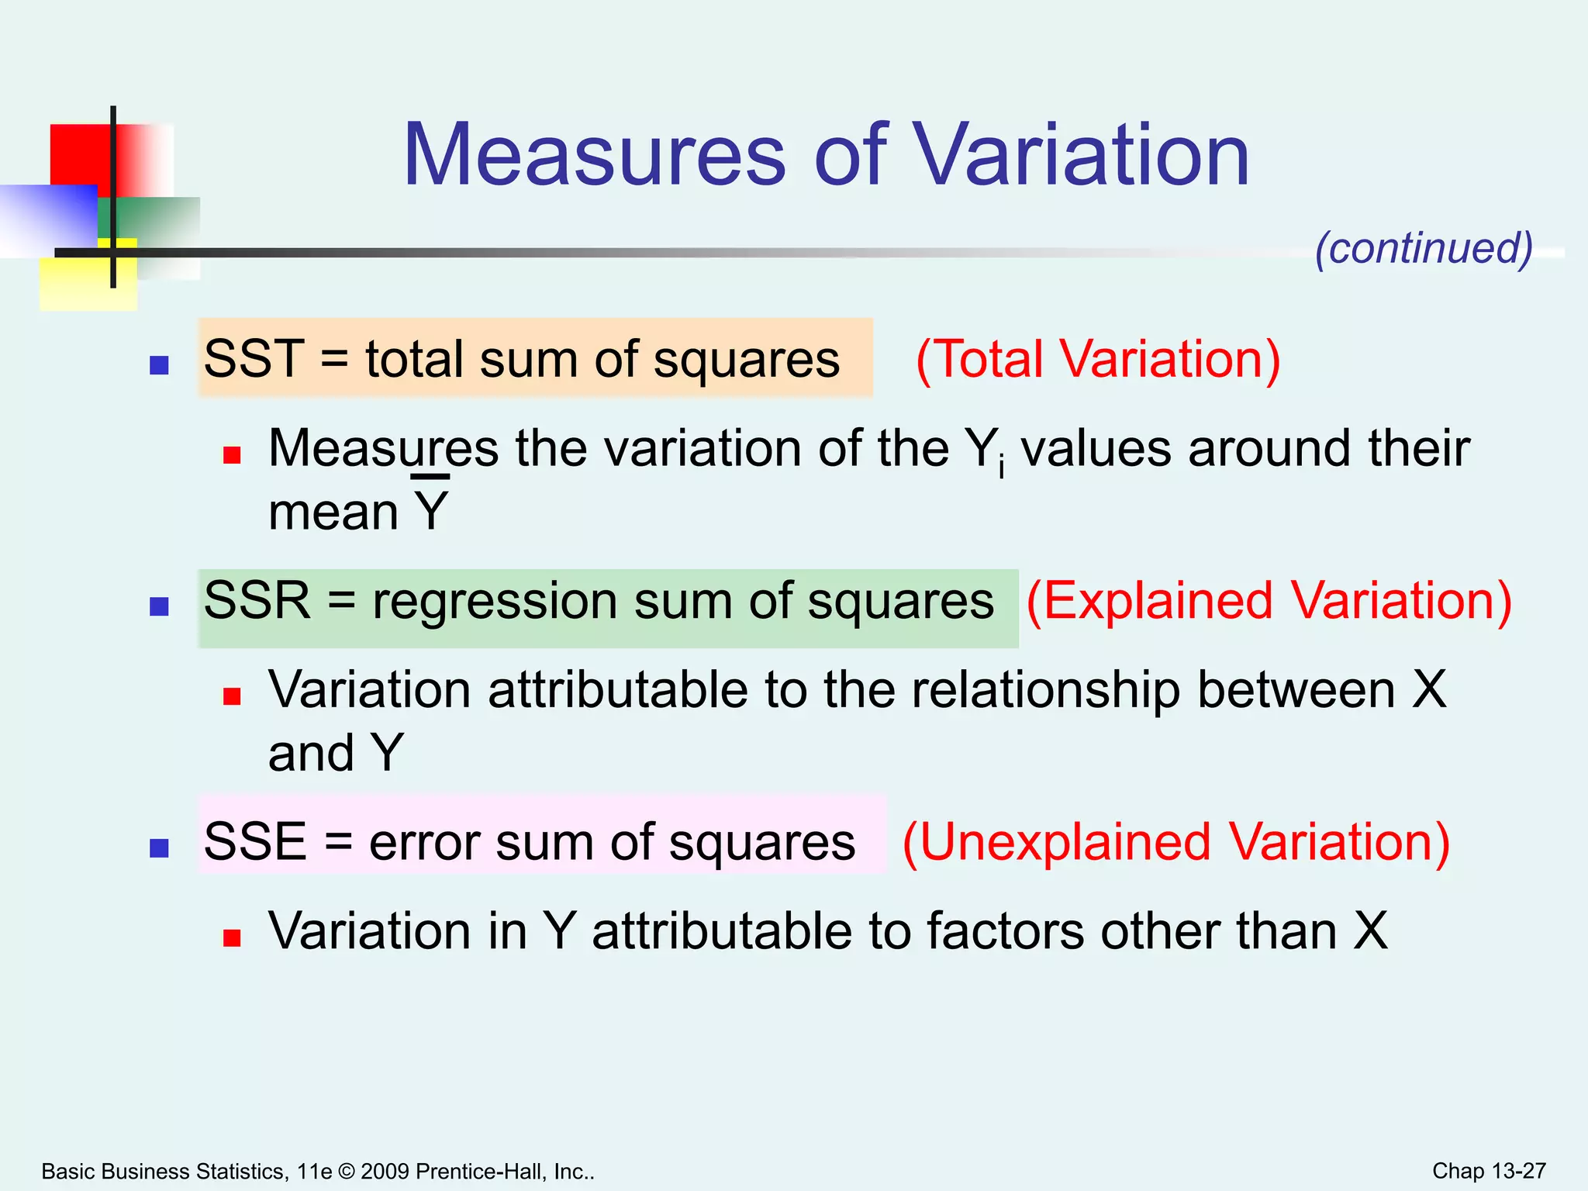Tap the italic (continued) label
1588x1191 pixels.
[x=1424, y=248]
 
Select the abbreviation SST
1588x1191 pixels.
[x=254, y=359]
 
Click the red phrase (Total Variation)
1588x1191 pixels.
[x=1098, y=359]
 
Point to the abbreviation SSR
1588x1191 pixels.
[x=257, y=601]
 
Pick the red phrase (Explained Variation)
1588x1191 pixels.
[x=1269, y=601]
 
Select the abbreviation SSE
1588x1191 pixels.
[x=255, y=842]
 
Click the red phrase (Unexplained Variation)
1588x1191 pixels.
[x=1175, y=842]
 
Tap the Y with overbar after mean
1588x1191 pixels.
[x=431, y=509]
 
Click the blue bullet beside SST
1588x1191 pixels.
[x=159, y=365]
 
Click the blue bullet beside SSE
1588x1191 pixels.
[x=159, y=848]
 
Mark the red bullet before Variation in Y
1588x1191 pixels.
[x=232, y=938]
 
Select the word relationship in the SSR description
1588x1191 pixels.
[x=1045, y=690]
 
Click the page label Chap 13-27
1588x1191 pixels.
[x=1489, y=1171]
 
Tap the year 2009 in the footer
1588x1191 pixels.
[x=385, y=1171]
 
